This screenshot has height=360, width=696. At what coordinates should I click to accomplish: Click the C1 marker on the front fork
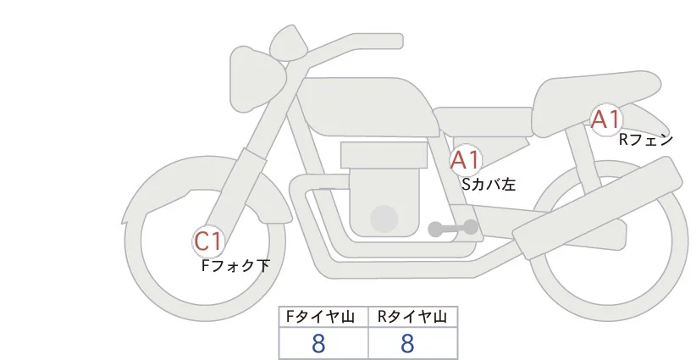(207, 242)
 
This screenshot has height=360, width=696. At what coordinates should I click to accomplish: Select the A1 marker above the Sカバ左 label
(466, 160)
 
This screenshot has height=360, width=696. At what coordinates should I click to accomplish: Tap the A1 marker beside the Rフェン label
(606, 119)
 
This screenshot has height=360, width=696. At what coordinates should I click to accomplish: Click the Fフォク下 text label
(235, 266)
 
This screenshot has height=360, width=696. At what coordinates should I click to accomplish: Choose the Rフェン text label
(645, 140)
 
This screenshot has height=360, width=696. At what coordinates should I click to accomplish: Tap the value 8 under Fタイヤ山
(319, 343)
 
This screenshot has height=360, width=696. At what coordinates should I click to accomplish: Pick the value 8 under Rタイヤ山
(407, 343)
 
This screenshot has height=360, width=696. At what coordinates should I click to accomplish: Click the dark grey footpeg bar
(453, 228)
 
